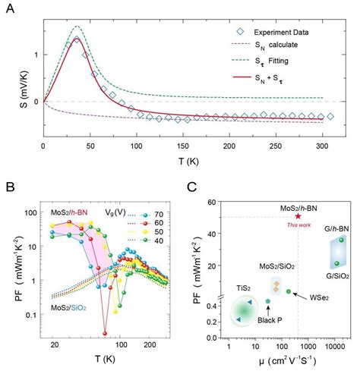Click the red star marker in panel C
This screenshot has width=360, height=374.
tap(298, 216)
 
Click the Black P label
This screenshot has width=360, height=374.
tap(267, 320)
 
